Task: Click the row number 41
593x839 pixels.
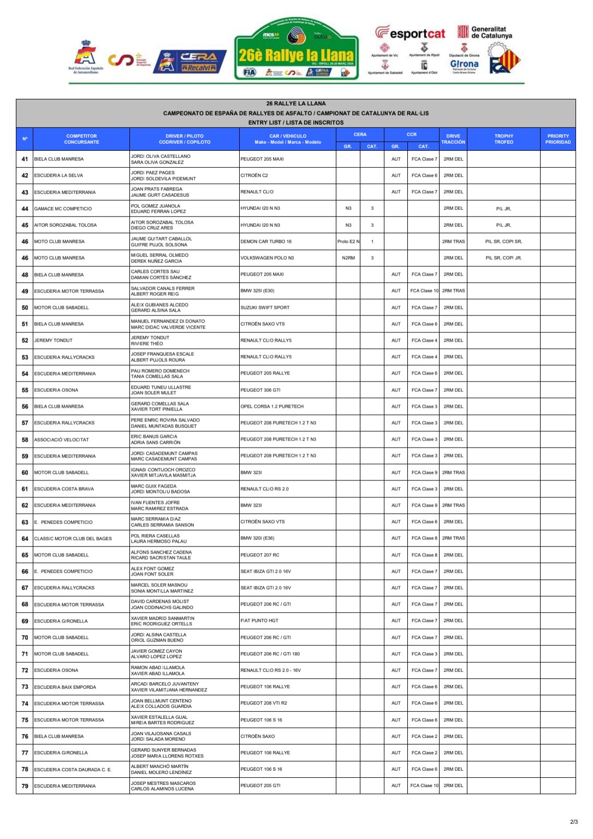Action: [25, 159]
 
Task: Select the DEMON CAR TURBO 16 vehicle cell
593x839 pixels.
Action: [266, 242]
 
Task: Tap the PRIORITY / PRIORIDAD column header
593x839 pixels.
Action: [558, 139]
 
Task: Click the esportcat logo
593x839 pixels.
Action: [410, 34]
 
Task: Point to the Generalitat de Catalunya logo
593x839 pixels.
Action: [485, 32]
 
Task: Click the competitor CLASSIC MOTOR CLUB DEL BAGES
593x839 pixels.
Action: [73, 538]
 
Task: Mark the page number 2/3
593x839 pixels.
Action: [573, 822]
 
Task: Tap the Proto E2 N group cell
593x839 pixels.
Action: [348, 242]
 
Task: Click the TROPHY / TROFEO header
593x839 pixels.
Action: [503, 139]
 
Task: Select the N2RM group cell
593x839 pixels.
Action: [348, 258]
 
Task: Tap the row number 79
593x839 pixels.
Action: [25, 786]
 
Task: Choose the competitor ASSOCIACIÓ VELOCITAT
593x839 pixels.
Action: [61, 439]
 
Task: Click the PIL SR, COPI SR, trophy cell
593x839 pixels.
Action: [503, 242]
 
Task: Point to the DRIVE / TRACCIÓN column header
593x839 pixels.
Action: [453, 139]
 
